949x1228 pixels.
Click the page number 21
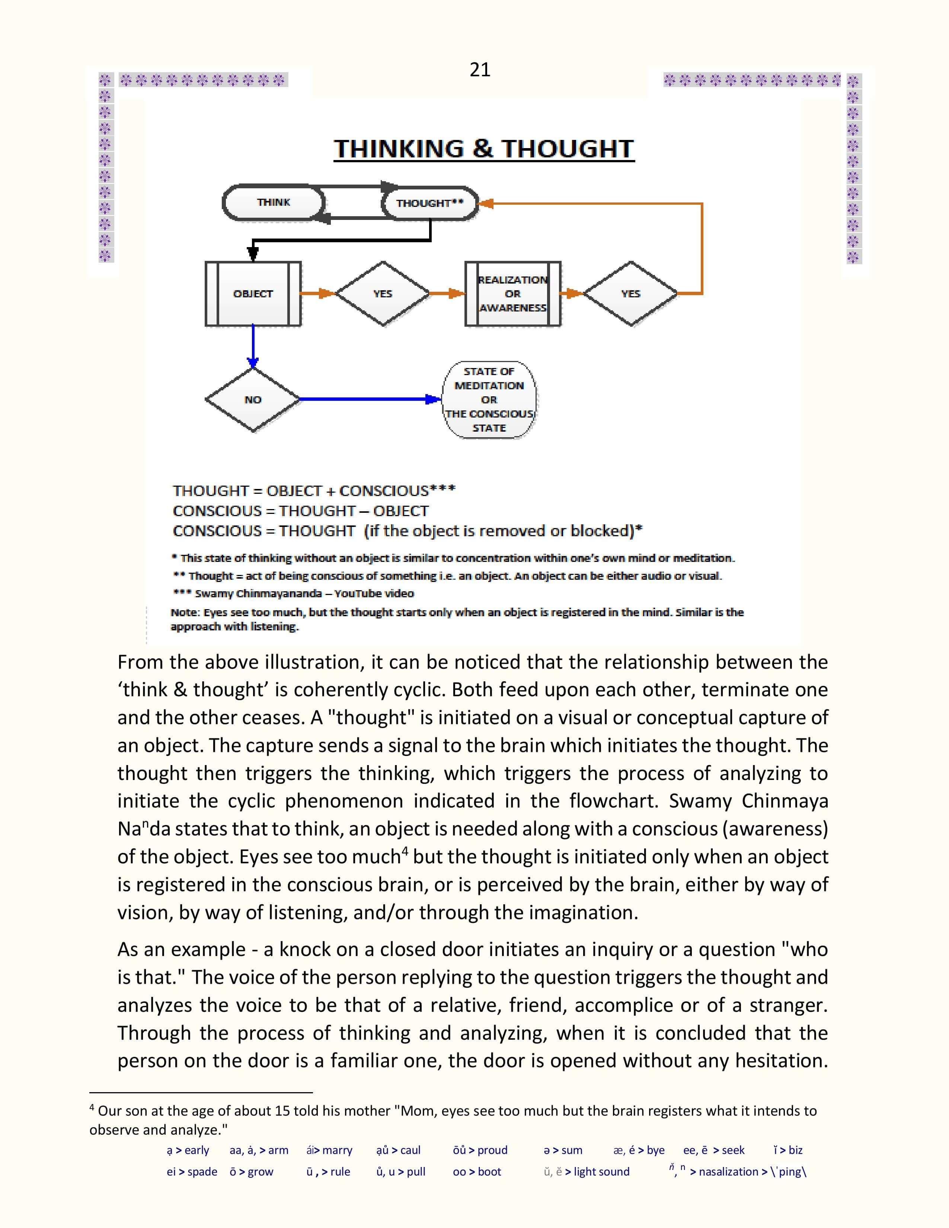point(480,70)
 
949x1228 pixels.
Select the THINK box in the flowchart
point(274,202)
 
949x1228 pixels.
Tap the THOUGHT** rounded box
point(429,203)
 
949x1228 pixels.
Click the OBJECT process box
point(253,294)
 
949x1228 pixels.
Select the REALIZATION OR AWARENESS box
point(513,294)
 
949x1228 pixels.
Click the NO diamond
point(253,400)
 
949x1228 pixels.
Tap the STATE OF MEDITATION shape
point(489,400)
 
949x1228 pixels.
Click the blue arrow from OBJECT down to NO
point(253,346)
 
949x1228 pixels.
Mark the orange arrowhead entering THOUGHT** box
point(486,204)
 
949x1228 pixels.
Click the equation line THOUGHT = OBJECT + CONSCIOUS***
point(314,491)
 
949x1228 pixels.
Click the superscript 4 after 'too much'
point(405,851)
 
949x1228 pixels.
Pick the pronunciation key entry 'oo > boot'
point(477,1172)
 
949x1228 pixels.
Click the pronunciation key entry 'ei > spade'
point(192,1172)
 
